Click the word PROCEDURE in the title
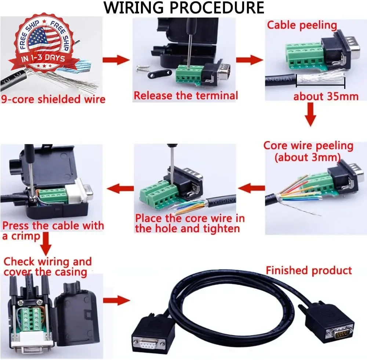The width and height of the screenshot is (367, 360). click(x=217, y=7)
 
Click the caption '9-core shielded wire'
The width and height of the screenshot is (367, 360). click(x=53, y=99)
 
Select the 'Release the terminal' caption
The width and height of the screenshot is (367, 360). click(x=186, y=96)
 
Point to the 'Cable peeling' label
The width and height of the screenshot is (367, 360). click(x=302, y=25)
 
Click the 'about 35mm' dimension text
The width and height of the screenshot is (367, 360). click(x=326, y=97)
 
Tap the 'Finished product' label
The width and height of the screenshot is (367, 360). click(x=309, y=270)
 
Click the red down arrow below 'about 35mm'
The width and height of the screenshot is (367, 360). click(x=310, y=115)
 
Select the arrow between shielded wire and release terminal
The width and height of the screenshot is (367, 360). click(x=116, y=60)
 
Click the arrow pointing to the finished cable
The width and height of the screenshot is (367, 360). click(x=116, y=300)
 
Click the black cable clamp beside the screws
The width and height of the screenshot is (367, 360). click(x=159, y=74)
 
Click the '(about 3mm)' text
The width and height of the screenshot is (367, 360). click(x=308, y=157)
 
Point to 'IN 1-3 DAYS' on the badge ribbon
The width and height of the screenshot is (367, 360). click(x=43, y=58)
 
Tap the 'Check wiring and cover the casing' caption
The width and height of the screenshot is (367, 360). click(x=47, y=267)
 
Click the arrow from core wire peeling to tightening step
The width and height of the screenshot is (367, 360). click(x=251, y=188)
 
